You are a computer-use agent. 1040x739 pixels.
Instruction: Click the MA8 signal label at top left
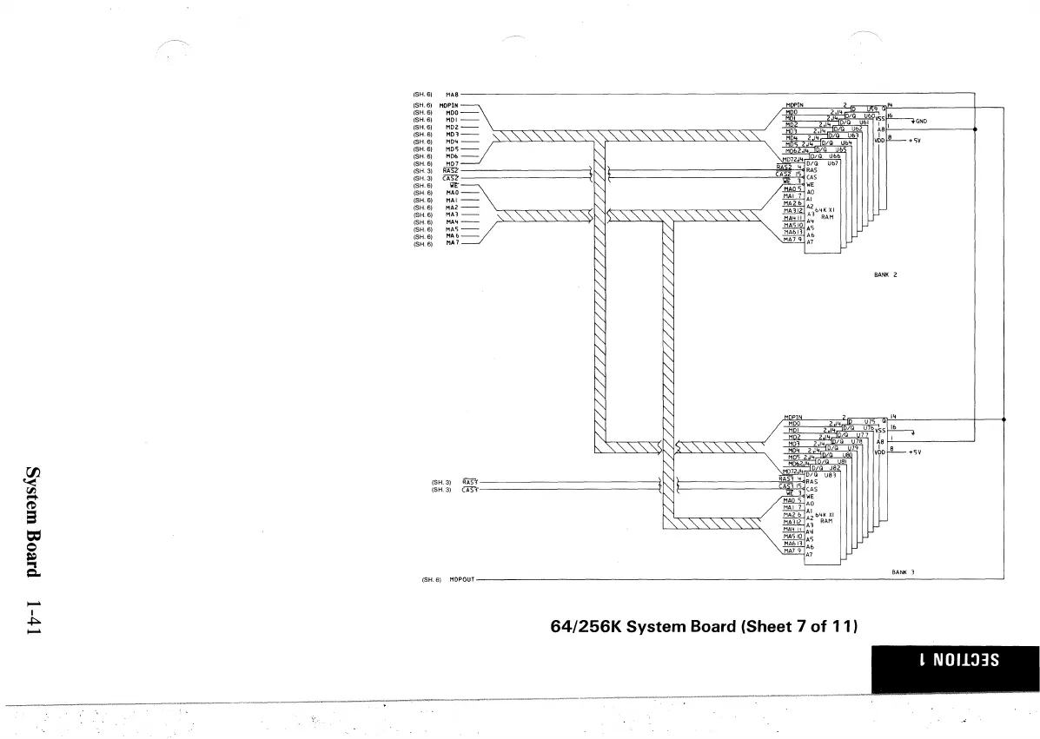(451, 94)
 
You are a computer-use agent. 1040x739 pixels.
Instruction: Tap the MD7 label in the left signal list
(452, 163)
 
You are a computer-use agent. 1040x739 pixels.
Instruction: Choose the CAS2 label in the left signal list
(451, 178)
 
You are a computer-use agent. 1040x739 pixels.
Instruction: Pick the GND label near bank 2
(921, 121)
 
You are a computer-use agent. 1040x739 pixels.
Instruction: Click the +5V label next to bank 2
(914, 140)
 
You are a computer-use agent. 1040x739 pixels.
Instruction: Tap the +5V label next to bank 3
(914, 452)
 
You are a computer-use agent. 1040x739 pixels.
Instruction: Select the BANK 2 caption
(884, 274)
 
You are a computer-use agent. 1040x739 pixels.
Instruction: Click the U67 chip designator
(831, 162)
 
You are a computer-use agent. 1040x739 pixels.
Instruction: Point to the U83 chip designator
(831, 474)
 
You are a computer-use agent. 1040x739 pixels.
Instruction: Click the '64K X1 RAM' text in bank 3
(826, 518)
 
